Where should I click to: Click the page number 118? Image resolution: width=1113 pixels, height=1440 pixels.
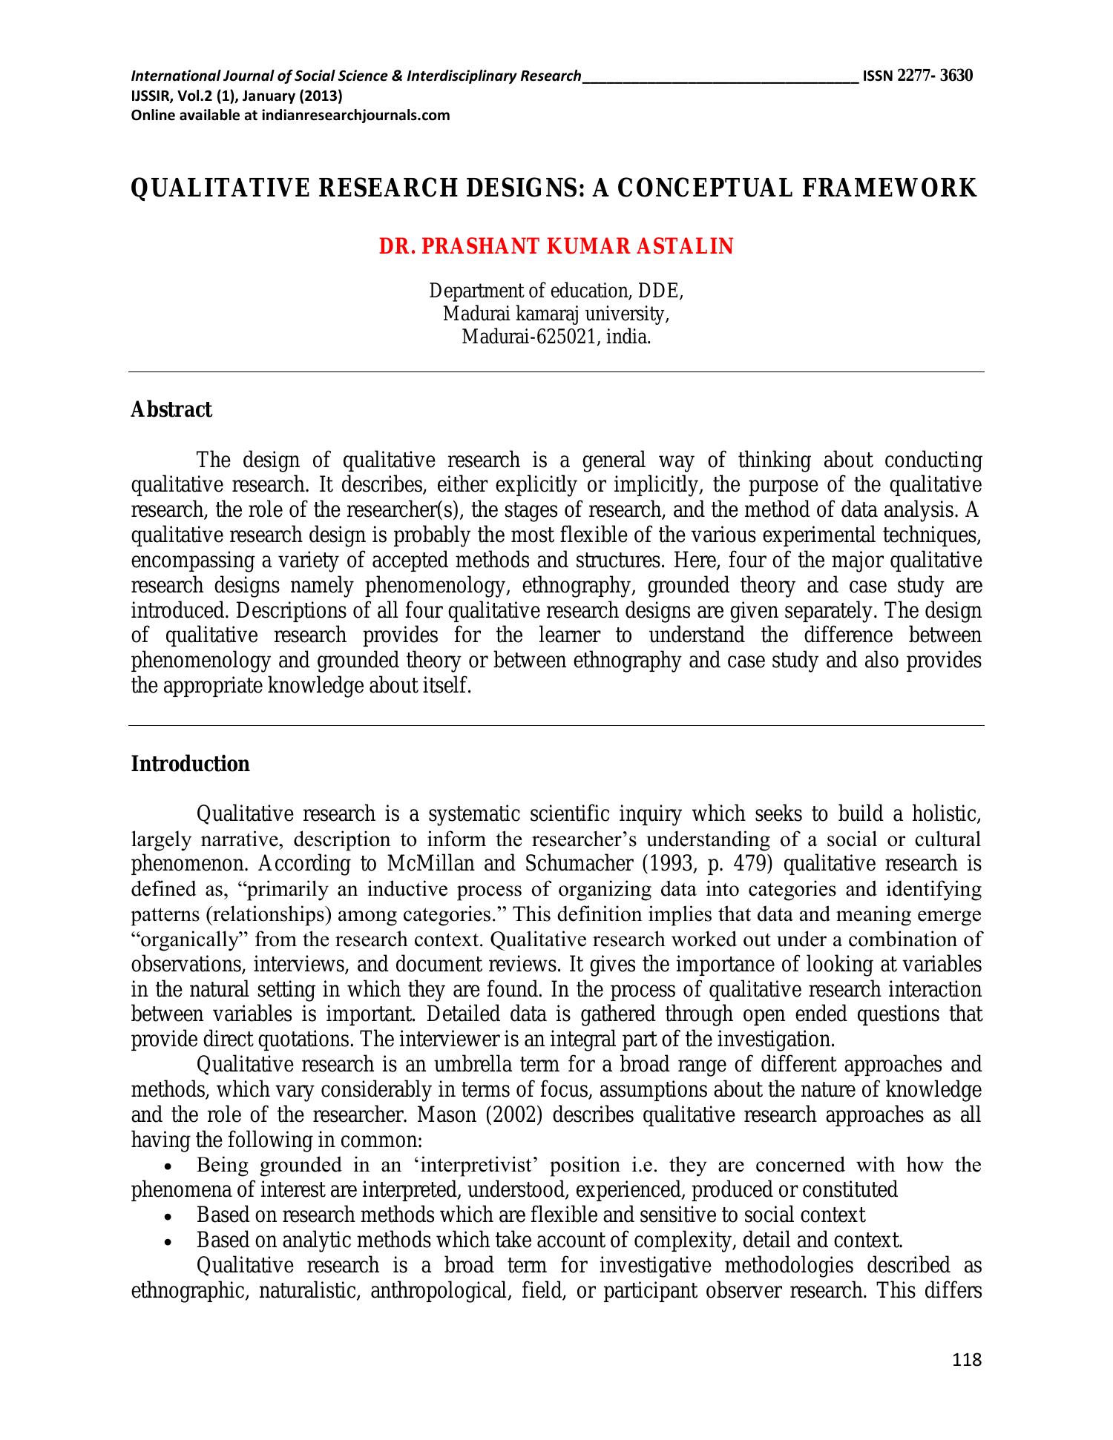pos(966,1360)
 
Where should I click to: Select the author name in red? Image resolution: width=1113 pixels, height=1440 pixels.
pos(556,247)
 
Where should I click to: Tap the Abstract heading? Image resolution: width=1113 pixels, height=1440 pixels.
pos(171,409)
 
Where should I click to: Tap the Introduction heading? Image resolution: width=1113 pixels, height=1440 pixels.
pos(190,764)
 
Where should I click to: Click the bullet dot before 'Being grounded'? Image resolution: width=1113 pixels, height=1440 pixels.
pos(171,1166)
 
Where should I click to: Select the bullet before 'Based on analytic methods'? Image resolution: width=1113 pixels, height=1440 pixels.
pos(171,1241)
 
